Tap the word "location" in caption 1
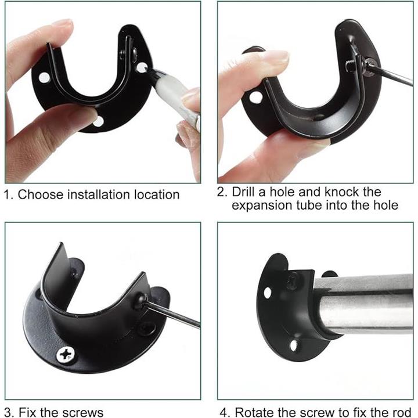pos(157,194)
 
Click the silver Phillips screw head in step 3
pos(66,355)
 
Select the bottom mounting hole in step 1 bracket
pos(98,122)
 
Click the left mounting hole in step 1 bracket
pos(44,78)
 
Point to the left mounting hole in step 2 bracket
pos(256,97)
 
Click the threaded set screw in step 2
pos(350,66)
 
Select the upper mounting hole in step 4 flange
pos(268,293)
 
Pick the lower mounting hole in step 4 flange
pos(293,345)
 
